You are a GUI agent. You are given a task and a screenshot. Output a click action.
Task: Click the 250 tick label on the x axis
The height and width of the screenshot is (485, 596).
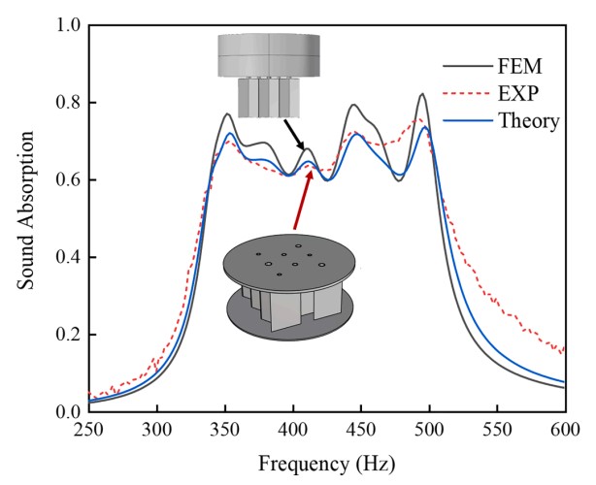pos(89,430)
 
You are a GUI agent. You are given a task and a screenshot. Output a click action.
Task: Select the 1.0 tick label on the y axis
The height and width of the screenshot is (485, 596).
pos(67,25)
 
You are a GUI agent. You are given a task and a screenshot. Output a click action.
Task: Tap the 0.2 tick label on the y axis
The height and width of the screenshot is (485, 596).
pos(67,335)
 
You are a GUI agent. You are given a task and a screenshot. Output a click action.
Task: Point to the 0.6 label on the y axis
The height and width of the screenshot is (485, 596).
pos(67,180)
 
